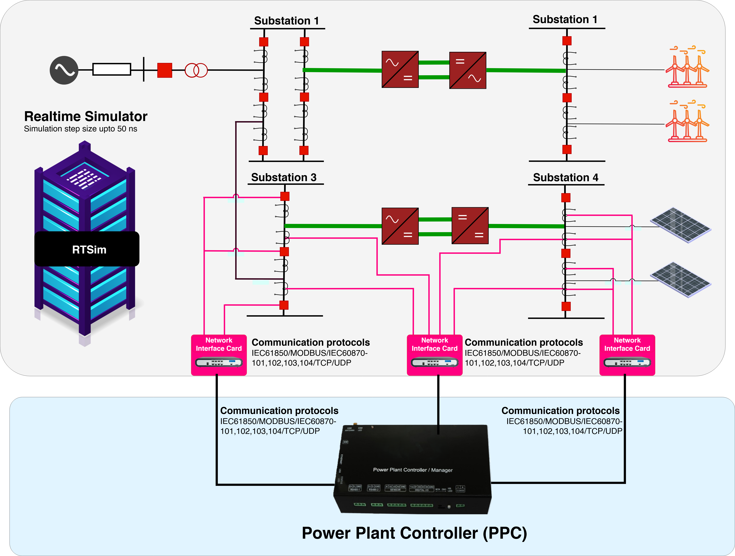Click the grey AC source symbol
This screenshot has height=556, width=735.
click(64, 70)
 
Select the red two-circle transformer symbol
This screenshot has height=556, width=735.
click(196, 70)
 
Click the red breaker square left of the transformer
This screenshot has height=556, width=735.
click(164, 70)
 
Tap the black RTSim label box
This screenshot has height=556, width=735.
click(87, 249)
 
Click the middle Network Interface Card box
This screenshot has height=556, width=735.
click(435, 355)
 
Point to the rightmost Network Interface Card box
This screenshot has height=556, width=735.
click(627, 355)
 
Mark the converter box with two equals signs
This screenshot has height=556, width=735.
click(470, 226)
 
